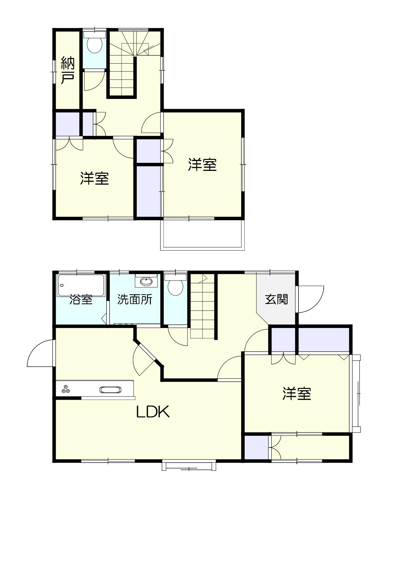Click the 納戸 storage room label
pos(68,70)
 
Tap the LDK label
pos(153,412)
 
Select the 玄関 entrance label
pos(276,299)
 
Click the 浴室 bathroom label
pos(81,299)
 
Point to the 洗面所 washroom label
pos(135,299)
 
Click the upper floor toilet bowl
pos(94,45)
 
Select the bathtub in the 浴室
pos(81,285)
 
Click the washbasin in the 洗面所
pos(146,281)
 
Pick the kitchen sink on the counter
pos(111,390)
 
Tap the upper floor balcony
pos(202,235)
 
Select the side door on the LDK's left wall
pos(40,353)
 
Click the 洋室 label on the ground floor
pos(297,393)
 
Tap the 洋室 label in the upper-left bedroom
pos(94,178)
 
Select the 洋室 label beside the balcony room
pos(202,164)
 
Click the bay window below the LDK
pos(189,466)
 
